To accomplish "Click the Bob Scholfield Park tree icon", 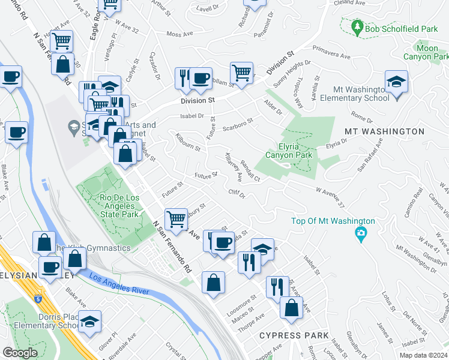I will tap(357, 27).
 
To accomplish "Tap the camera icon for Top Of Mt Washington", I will tap(360, 233).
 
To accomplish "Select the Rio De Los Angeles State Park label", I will tap(119, 206).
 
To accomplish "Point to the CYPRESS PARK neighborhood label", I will tap(294, 335).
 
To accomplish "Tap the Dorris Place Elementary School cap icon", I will tap(89, 322).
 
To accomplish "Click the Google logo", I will tap(20, 353).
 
